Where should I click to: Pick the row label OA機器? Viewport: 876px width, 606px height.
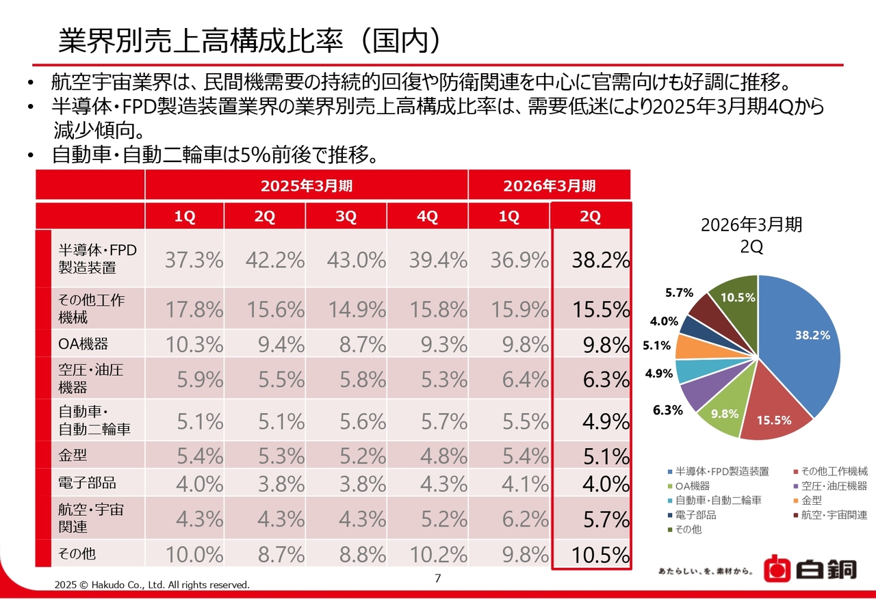[x=83, y=343]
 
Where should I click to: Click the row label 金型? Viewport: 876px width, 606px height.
[x=73, y=454]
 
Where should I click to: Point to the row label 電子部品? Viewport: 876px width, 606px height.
[x=87, y=483]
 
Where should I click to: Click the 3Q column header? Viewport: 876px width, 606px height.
[x=346, y=217]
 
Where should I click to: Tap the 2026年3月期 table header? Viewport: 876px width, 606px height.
[x=549, y=185]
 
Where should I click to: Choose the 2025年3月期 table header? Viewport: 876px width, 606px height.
[x=306, y=185]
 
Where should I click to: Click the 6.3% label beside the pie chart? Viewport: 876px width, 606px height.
[x=668, y=410]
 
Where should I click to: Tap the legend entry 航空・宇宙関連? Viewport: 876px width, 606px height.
[x=834, y=515]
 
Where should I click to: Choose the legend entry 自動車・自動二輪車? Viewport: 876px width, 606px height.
[x=718, y=501]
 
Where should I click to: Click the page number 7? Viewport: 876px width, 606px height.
[x=438, y=579]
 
